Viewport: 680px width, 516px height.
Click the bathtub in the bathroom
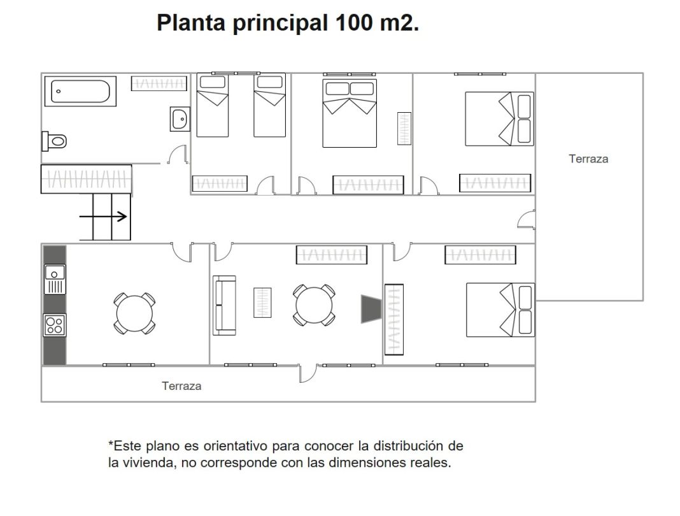click(x=80, y=92)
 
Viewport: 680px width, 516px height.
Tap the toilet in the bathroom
click(x=54, y=141)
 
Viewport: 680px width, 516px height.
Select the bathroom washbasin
click(x=180, y=119)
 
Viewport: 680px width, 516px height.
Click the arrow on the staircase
click(x=103, y=216)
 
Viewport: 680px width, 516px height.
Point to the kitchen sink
click(x=55, y=280)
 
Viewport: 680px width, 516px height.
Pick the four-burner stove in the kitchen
click(x=55, y=325)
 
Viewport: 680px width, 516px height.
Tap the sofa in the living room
click(x=224, y=306)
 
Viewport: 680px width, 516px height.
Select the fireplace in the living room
click(x=371, y=309)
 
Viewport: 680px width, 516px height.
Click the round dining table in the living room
click(x=314, y=305)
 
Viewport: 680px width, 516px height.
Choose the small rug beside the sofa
click(x=262, y=303)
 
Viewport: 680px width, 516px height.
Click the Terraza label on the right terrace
click(x=588, y=159)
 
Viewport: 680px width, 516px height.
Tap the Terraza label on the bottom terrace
click(x=181, y=386)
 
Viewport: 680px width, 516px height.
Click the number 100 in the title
click(x=354, y=22)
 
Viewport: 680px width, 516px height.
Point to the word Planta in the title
click(x=191, y=22)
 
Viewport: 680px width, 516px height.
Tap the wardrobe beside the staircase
click(x=87, y=179)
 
